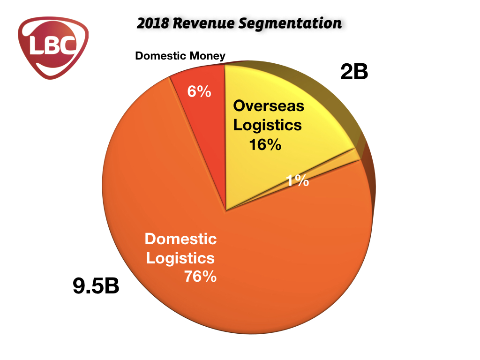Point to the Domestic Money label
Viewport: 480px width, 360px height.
(180, 56)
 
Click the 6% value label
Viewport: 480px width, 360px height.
(199, 91)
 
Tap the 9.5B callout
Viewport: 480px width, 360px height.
(96, 286)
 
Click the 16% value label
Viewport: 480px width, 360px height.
(265, 145)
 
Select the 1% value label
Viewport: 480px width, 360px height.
(298, 180)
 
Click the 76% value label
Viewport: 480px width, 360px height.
(200, 277)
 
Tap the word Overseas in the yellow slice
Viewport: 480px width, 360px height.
(269, 106)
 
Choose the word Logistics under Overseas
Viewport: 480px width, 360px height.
(267, 125)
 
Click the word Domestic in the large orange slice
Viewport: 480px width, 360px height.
(180, 239)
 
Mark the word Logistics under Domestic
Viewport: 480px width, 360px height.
(180, 258)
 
